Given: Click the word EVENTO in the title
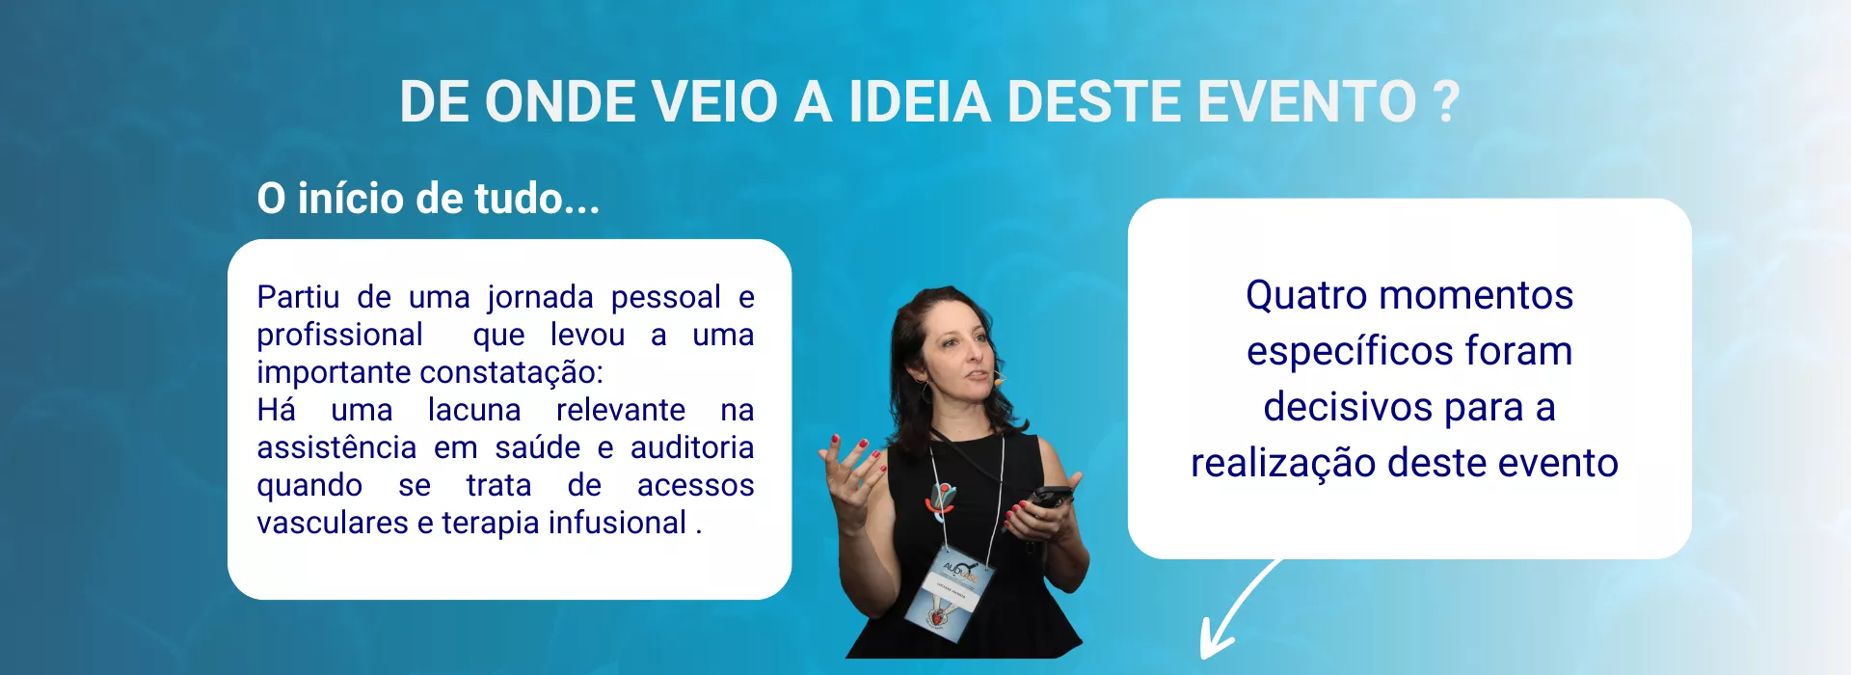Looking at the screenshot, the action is click(x=1306, y=102).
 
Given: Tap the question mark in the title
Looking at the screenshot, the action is click(x=1446, y=102).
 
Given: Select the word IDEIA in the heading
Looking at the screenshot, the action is click(x=920, y=102).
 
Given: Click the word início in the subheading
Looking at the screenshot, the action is click(x=353, y=199).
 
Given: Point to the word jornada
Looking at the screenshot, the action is click(x=540, y=298).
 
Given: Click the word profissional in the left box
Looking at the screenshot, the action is click(x=339, y=336).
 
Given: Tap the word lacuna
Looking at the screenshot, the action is click(x=474, y=410).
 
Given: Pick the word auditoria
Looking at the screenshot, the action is click(x=692, y=447).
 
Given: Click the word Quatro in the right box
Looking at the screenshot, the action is click(x=1297, y=295).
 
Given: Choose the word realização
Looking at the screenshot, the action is click(x=1283, y=464).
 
